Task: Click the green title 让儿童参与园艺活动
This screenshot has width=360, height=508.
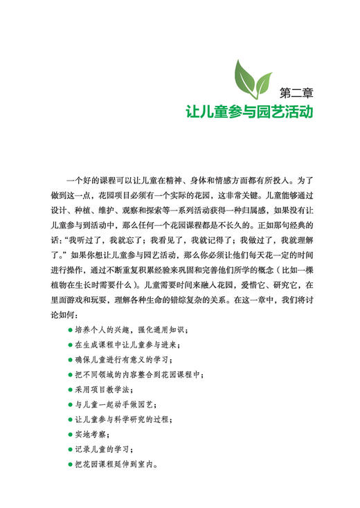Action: pos(249,111)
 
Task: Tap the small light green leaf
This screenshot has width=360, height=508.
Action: pos(262,87)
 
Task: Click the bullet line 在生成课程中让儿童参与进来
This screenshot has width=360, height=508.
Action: pos(127,344)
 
